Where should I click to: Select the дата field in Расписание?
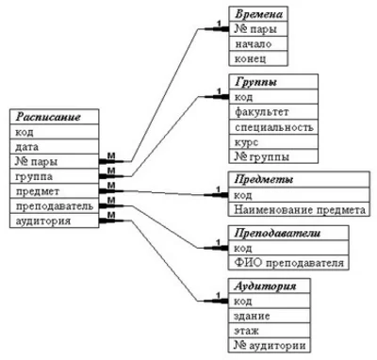(x=27, y=146)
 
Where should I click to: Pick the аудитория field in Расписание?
(x=42, y=221)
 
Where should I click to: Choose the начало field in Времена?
(x=254, y=46)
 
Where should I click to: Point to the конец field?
(x=252, y=61)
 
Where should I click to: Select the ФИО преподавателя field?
(x=287, y=263)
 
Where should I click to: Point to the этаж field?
(x=248, y=331)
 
